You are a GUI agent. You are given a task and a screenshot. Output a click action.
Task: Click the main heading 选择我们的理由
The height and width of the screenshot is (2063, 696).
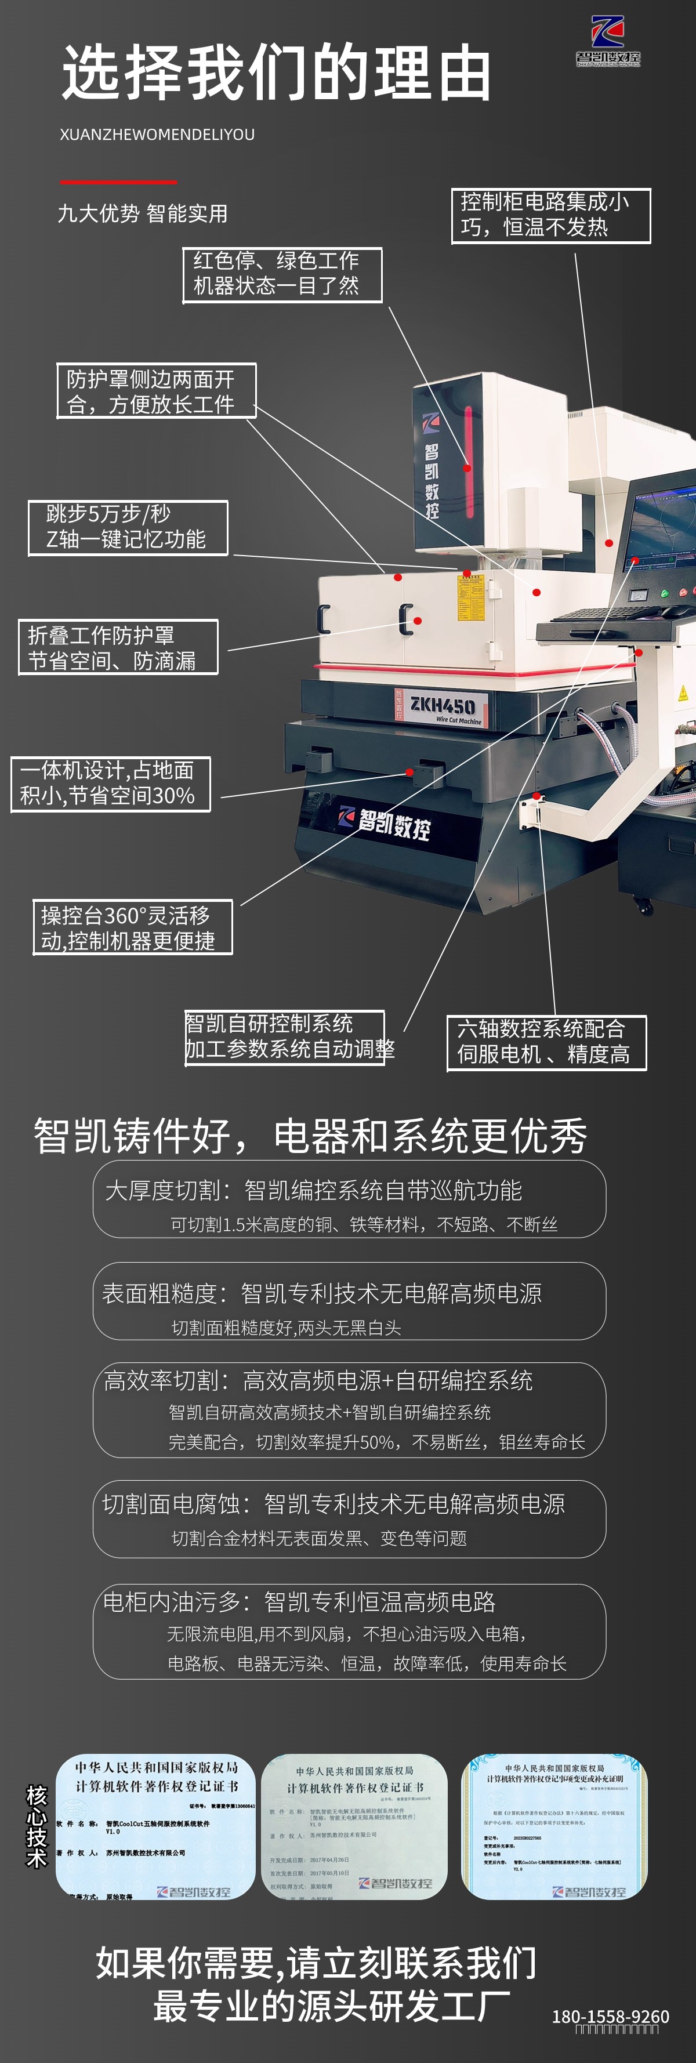[275, 73]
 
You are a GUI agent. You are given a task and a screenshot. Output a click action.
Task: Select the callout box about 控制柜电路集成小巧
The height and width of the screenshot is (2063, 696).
[551, 215]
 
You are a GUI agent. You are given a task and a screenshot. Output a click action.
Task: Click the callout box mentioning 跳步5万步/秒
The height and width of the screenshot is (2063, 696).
[128, 528]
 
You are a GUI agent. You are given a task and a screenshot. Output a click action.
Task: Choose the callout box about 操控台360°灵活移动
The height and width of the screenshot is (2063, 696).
[132, 927]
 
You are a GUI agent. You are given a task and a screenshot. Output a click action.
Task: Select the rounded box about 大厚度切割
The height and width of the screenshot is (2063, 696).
[349, 1199]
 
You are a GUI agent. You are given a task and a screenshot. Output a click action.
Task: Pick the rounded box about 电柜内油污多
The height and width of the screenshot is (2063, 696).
[349, 1631]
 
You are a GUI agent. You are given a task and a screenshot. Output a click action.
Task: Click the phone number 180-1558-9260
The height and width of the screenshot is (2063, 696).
[610, 2016]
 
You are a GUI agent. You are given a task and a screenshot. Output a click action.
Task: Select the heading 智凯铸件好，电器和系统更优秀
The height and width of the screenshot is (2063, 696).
[311, 1136]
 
